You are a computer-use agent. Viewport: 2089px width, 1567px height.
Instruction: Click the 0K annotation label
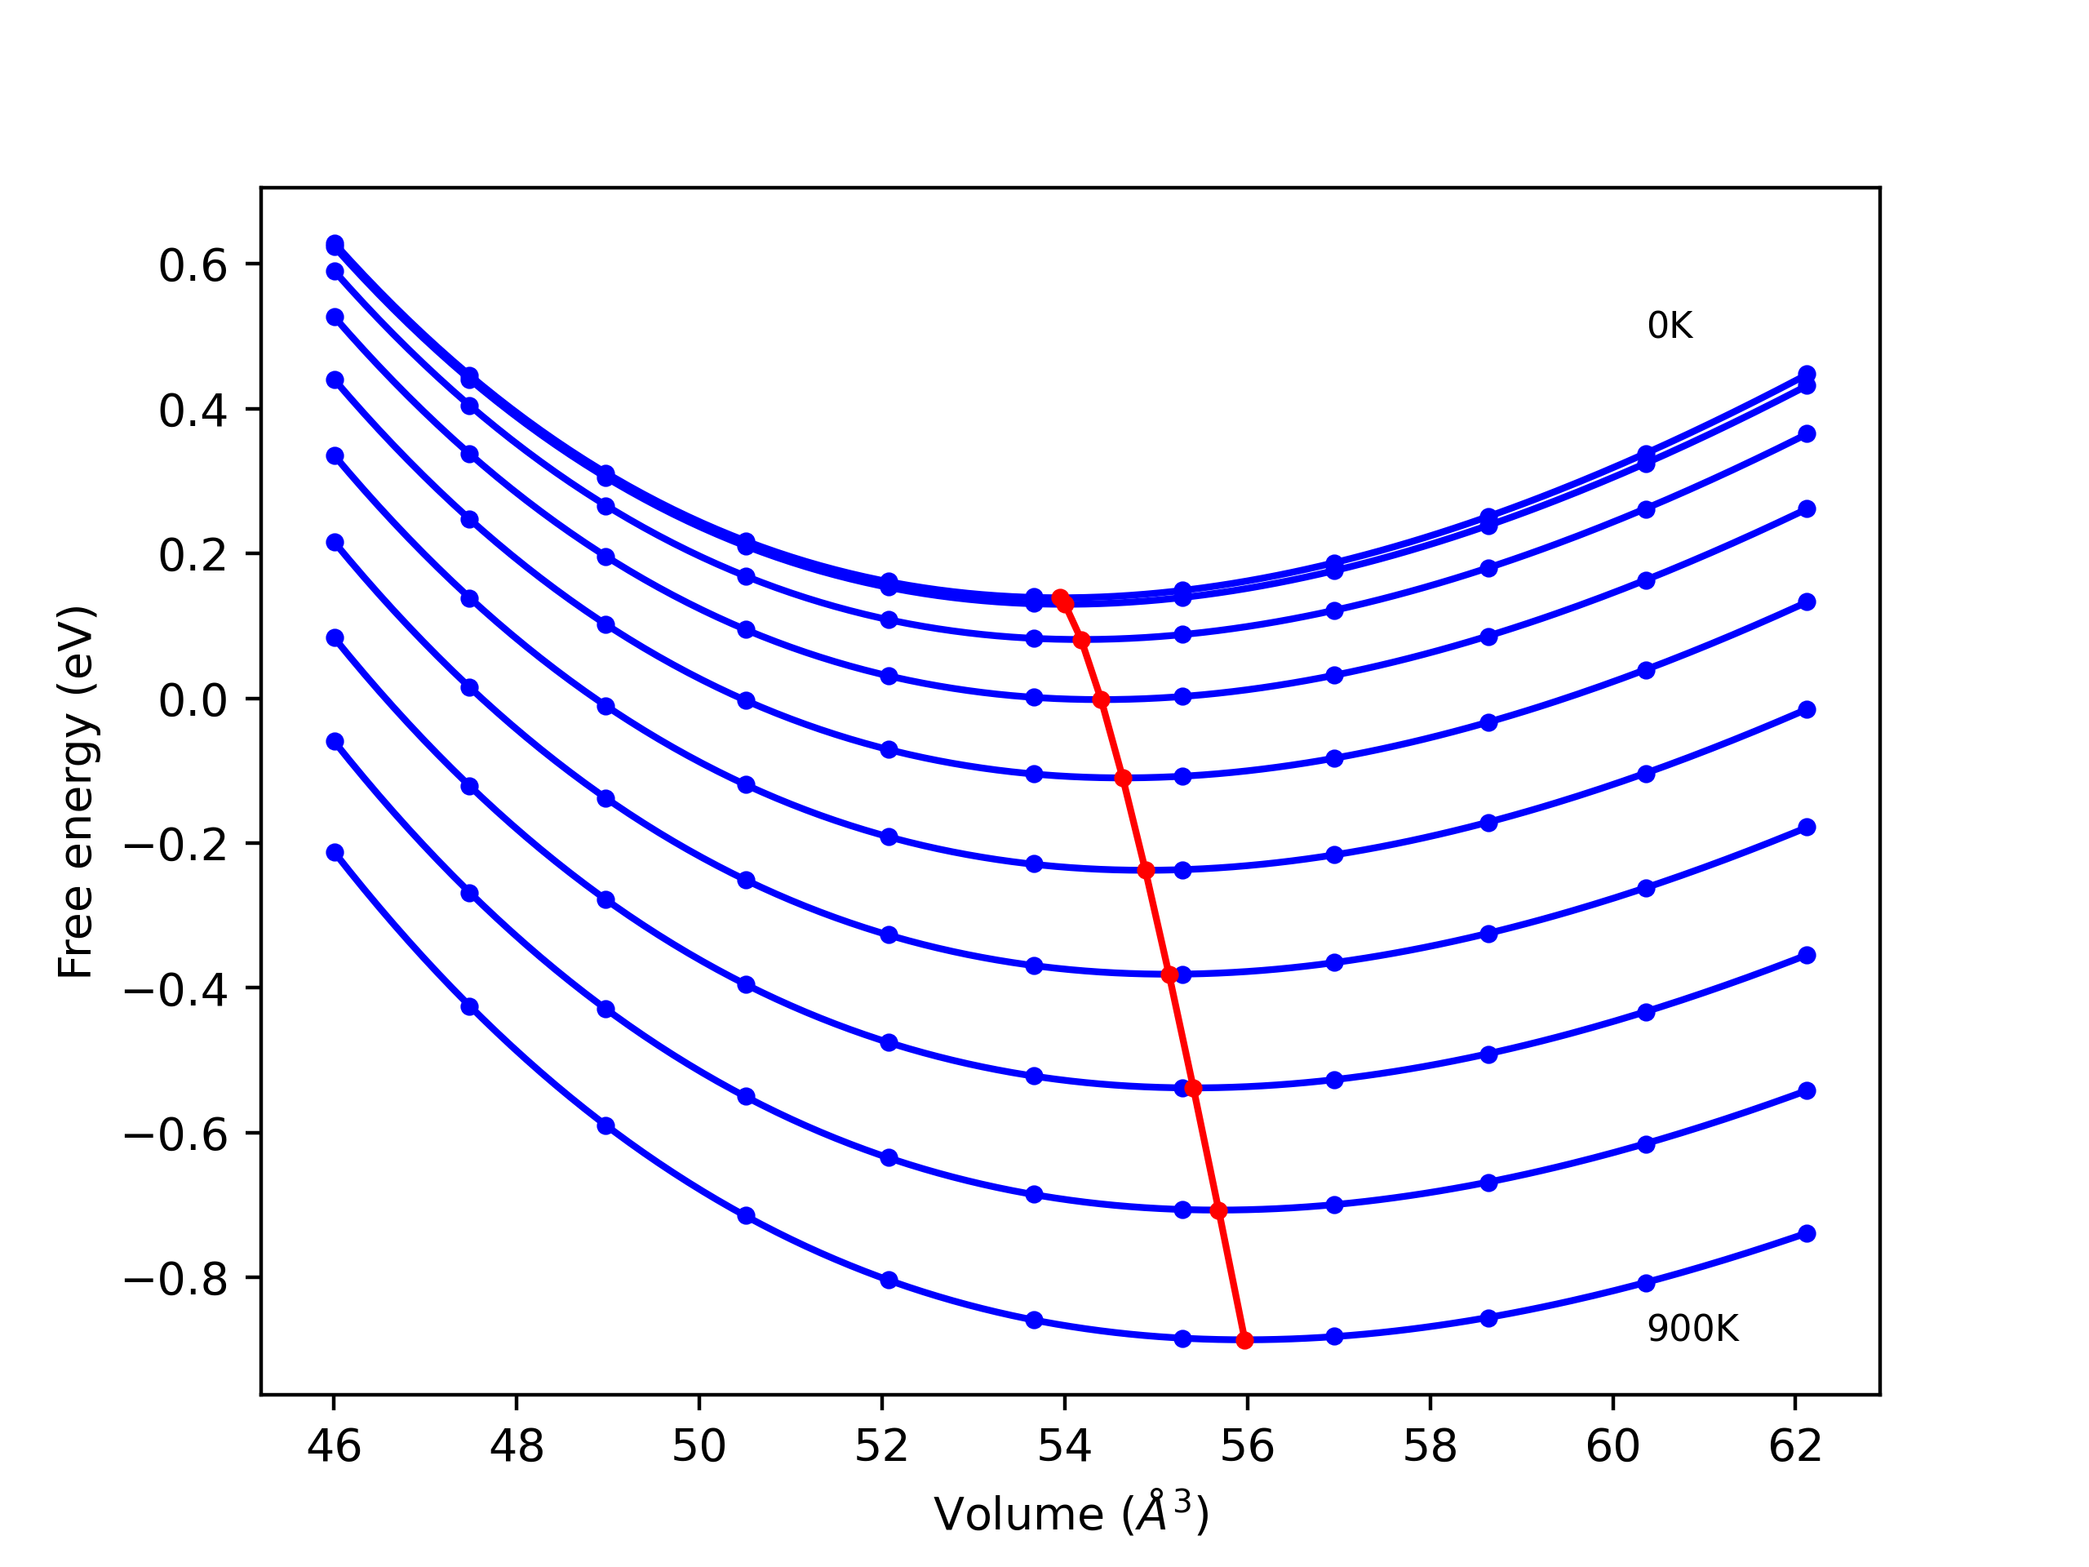[1670, 326]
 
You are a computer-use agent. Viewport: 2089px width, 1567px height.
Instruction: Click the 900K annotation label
[1692, 1329]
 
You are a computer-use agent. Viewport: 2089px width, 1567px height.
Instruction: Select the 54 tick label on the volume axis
[1064, 1446]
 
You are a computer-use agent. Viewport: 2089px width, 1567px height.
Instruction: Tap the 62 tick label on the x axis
[1794, 1446]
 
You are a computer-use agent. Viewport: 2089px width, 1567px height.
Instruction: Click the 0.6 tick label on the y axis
[193, 265]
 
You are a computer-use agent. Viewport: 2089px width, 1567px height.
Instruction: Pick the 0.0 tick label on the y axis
[193, 700]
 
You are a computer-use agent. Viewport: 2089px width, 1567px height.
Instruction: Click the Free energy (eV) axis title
[76, 792]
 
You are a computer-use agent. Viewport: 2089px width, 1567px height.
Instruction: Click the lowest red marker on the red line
[1244, 1340]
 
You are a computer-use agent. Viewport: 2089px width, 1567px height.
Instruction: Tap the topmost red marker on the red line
[1060, 598]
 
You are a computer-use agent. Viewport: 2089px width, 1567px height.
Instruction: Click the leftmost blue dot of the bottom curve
[335, 852]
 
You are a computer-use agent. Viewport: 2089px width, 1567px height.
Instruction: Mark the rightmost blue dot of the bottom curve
[1807, 1233]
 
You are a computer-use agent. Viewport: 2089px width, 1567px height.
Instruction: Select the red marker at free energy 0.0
[1100, 700]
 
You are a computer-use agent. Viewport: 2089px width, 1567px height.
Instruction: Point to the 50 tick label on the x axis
[699, 1446]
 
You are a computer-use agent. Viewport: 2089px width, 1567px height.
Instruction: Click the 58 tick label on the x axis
[1430, 1446]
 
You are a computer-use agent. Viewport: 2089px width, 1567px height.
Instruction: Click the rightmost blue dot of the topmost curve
[1807, 374]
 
